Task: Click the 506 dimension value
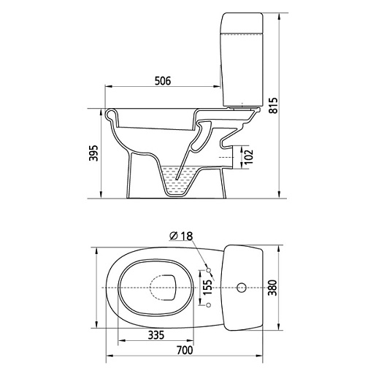pyautogui.click(x=163, y=81)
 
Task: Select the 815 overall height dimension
pyautogui.click(x=274, y=105)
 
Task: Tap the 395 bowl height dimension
pyautogui.click(x=93, y=153)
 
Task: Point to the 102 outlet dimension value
pyautogui.click(x=249, y=156)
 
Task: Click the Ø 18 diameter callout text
pyautogui.click(x=181, y=236)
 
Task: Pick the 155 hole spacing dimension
pyautogui.click(x=207, y=287)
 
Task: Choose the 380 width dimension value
pyautogui.click(x=272, y=288)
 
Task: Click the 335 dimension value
pyautogui.click(x=156, y=335)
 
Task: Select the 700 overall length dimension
pyautogui.click(x=185, y=350)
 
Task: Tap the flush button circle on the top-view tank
pyautogui.click(x=242, y=288)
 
